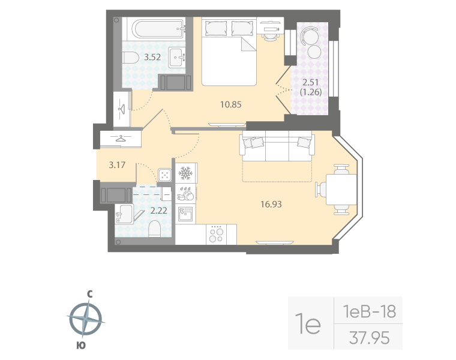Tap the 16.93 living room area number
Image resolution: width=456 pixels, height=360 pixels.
click(271, 204)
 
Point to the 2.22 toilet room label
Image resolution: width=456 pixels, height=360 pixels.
click(158, 210)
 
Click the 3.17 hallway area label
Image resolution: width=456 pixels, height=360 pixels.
click(116, 164)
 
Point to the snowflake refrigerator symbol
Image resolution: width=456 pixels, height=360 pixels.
click(185, 172)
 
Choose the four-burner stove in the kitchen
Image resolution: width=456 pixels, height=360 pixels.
click(215, 233)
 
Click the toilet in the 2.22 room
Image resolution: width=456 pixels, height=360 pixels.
click(154, 228)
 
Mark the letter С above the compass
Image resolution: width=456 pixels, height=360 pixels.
click(89, 294)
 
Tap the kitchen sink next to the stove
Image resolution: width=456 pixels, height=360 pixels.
click(185, 212)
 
